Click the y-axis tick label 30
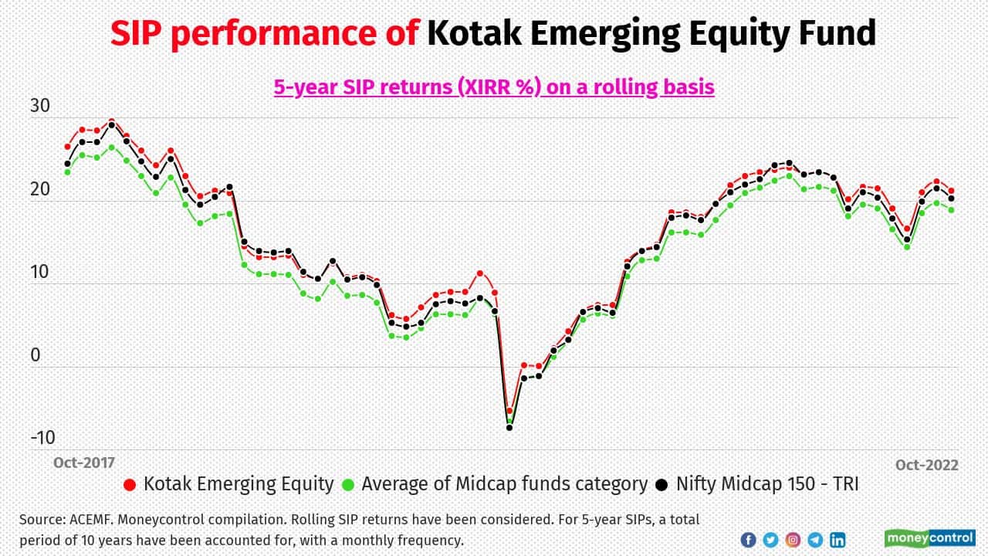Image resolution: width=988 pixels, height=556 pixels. point(39,107)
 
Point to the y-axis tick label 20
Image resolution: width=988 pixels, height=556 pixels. point(39,189)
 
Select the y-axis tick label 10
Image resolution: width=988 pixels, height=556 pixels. point(39,272)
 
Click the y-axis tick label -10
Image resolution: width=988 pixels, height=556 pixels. point(42,438)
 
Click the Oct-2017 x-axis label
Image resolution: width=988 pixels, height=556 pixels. point(83,463)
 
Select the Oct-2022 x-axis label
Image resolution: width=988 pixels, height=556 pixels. point(926,465)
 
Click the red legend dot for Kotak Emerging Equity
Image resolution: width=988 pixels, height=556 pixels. point(130,485)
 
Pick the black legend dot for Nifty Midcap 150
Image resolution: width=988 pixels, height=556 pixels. point(662,485)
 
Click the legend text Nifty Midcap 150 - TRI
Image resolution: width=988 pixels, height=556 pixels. point(767,484)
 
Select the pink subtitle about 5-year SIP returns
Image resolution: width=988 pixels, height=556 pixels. point(494,86)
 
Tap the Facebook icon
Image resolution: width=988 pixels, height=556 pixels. point(748,540)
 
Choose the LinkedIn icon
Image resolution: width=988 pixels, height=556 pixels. point(837,540)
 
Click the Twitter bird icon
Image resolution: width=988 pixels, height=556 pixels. point(770,540)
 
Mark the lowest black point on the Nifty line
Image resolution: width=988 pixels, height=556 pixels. point(509,427)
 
